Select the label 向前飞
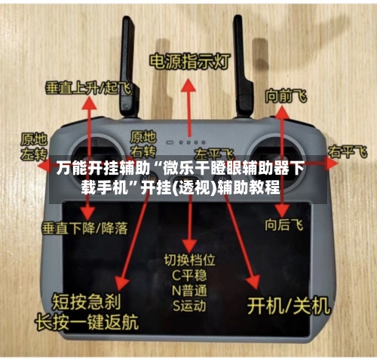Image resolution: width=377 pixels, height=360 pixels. click(286, 96)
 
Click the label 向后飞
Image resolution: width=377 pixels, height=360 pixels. click(284, 224)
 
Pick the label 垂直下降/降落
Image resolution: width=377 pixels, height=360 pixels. click(84, 227)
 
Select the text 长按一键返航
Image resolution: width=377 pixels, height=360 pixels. click(87, 320)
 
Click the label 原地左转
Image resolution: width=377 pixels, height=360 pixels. click(33, 145)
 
